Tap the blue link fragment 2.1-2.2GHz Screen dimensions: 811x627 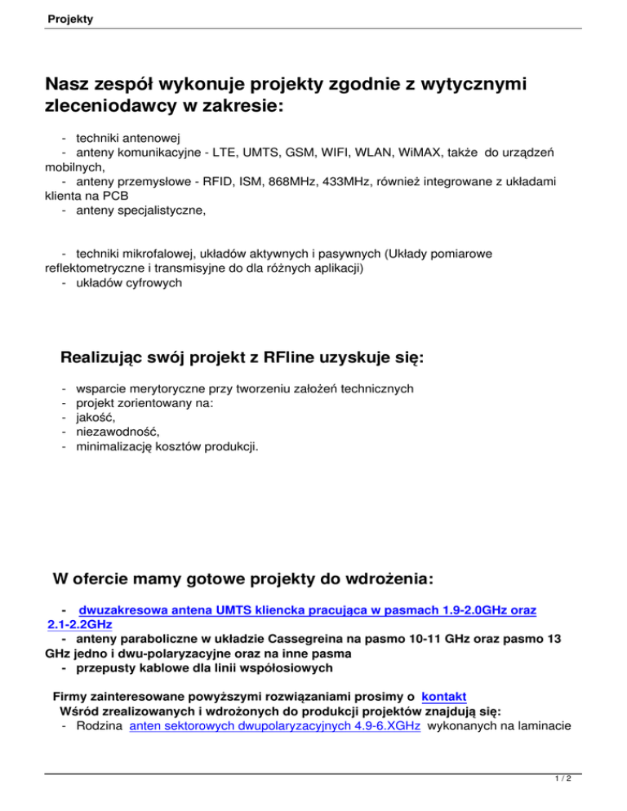point(80,625)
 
